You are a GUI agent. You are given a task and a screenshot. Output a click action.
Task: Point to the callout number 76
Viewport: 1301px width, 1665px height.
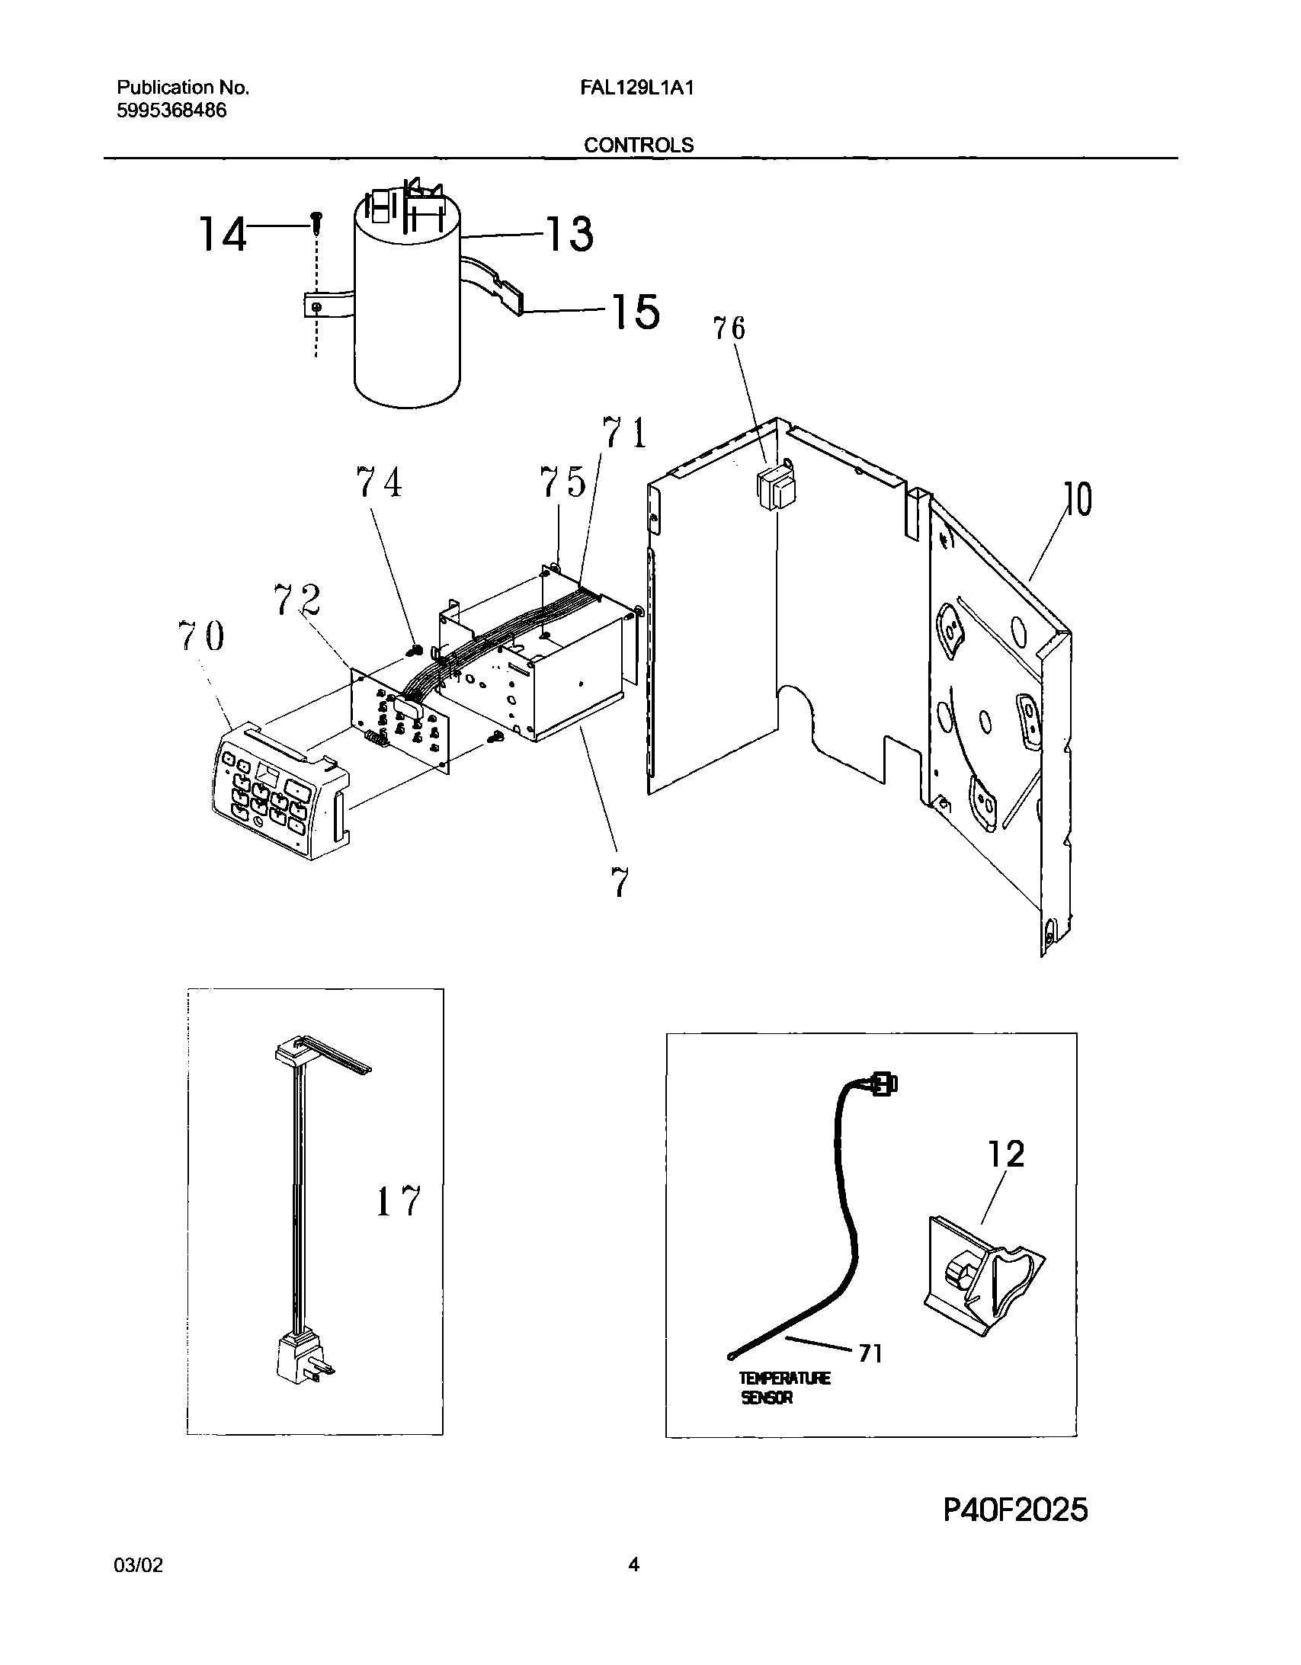729,328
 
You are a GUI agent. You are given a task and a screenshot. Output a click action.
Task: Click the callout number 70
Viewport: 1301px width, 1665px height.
201,636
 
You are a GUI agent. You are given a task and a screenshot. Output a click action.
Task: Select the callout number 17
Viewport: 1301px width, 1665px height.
398,1202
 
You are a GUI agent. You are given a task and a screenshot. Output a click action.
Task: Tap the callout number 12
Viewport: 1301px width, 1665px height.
1006,1155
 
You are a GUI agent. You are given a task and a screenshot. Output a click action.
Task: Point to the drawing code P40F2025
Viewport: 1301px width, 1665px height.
1015,1510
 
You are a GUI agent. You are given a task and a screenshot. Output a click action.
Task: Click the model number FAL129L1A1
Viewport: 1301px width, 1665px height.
636,88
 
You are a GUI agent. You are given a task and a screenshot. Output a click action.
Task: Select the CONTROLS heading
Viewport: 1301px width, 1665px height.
638,145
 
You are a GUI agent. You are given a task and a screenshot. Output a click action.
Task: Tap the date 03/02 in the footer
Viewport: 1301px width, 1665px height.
138,1566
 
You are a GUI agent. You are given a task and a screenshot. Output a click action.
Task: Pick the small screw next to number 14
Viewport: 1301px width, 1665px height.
316,222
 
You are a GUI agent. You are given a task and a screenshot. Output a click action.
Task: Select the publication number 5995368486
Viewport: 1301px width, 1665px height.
171,110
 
